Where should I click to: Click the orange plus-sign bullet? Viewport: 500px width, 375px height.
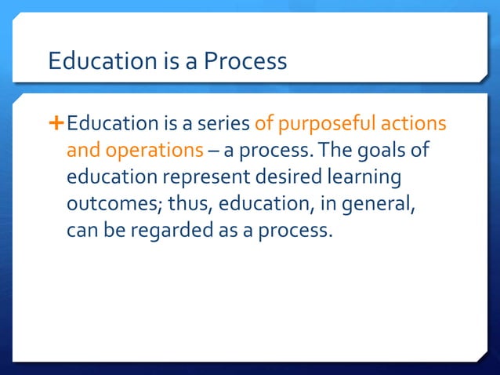[x=56, y=123]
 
